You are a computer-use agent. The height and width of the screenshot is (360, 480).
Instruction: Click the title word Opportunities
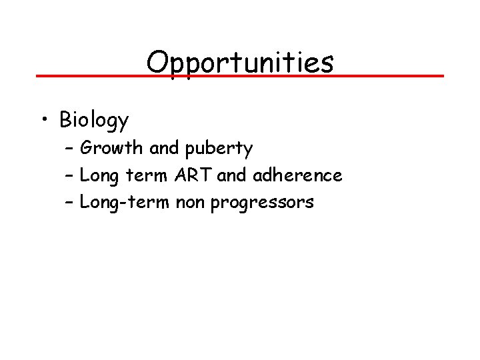(240, 63)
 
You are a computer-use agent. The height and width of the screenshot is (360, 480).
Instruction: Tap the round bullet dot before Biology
(44, 119)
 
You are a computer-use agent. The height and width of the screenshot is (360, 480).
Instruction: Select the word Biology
(94, 121)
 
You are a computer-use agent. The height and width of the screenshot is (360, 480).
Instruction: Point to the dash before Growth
(70, 148)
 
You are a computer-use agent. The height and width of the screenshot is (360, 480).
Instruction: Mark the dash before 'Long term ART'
(70, 175)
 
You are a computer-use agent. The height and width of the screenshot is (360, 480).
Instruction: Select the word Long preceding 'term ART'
(97, 176)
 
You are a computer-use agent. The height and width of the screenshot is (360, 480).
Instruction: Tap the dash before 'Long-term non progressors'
(70, 202)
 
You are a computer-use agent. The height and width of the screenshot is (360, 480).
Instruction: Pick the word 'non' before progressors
(191, 203)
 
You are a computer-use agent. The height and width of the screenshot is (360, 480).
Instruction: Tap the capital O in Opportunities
(157, 63)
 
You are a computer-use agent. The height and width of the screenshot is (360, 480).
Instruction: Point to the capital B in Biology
(65, 119)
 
